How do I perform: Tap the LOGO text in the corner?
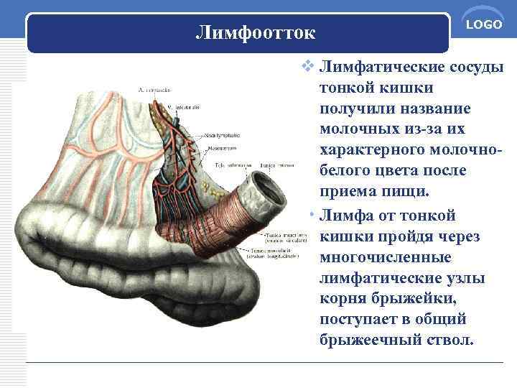[x=483, y=25]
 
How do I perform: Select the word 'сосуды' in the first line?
[x=476, y=68]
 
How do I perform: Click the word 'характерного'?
[x=373, y=150]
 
